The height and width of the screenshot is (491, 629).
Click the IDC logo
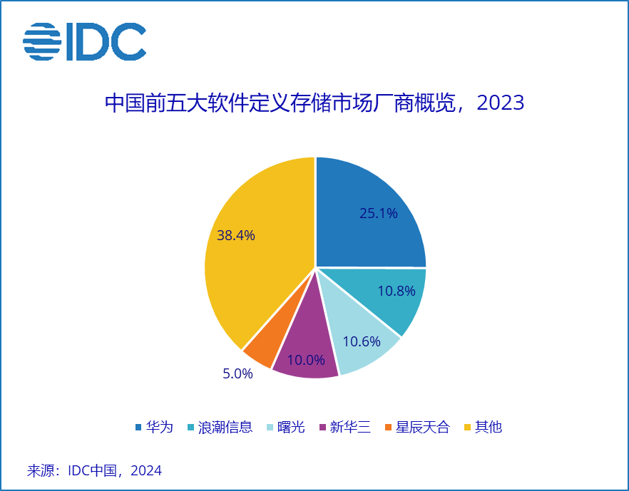tap(84, 41)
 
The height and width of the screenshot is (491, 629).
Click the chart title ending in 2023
tap(314, 103)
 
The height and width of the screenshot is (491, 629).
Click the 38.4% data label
tap(236, 235)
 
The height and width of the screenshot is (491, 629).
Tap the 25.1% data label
tap(378, 213)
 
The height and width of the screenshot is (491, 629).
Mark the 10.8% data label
tap(397, 291)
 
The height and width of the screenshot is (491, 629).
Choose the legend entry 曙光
tap(291, 428)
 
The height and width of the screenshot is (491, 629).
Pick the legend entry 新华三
tap(350, 428)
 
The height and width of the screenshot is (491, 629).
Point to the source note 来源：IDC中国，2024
tap(94, 470)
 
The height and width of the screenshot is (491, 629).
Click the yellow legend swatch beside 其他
tap(468, 428)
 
